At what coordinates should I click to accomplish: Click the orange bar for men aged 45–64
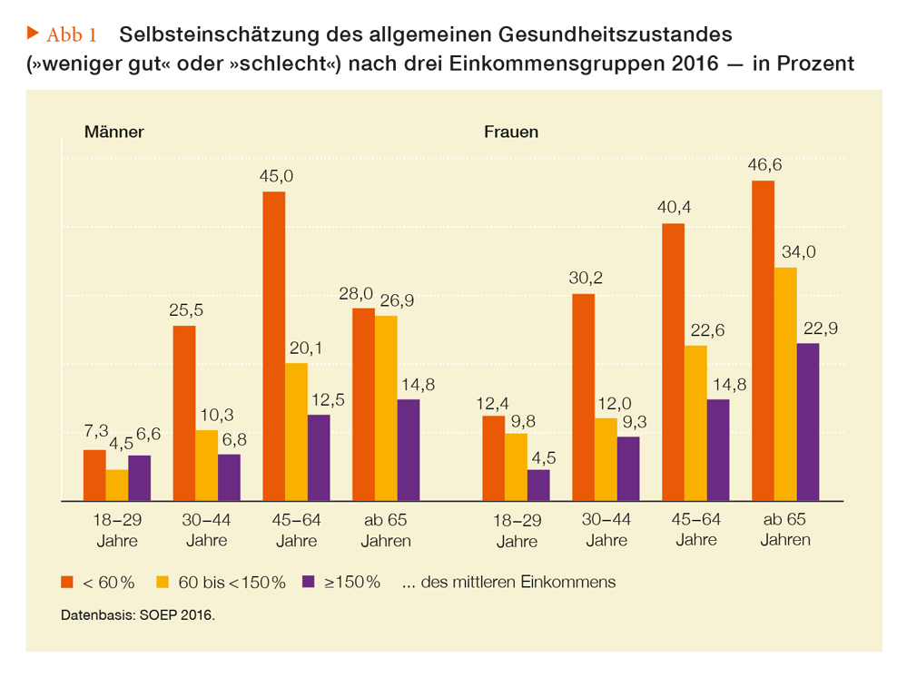[273, 346]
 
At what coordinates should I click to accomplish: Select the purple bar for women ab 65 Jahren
[807, 422]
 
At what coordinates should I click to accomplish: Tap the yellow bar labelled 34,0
[785, 384]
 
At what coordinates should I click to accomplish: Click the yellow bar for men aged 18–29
[117, 485]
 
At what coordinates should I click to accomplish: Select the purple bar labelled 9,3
[628, 468]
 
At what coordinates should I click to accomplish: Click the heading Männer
[114, 132]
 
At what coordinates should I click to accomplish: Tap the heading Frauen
[511, 132]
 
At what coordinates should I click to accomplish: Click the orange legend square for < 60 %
[67, 582]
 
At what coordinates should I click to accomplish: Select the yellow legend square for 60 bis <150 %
[163, 582]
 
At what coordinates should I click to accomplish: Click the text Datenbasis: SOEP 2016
[138, 615]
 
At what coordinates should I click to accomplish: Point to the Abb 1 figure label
[72, 35]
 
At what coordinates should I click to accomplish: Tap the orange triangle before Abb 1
[33, 34]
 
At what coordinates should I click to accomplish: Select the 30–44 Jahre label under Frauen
[606, 530]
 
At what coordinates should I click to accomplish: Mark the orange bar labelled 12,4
[493, 458]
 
